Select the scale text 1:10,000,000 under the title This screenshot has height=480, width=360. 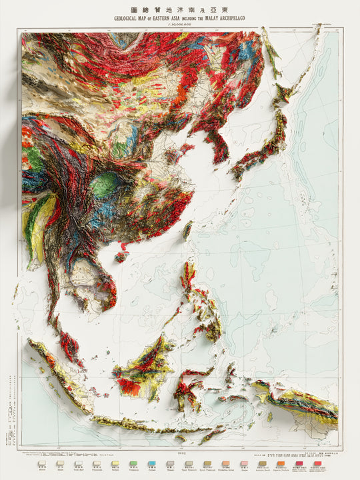coord(180,25)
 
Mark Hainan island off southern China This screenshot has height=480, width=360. coord(121,256)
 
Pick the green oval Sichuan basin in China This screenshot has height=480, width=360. coord(105,185)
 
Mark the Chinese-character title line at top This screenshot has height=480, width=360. coord(180,10)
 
